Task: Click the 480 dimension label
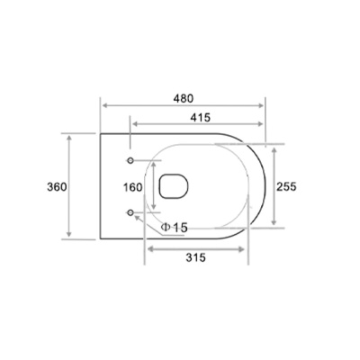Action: pos(184,98)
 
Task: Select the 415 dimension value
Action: pos(201,118)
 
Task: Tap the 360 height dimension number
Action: pos(57,187)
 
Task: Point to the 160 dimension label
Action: pos(132,187)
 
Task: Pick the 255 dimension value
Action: pos(286,186)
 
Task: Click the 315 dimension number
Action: pos(195,257)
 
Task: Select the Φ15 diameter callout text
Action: pos(174,228)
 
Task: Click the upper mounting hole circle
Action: pos(130,160)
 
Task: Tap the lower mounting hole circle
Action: pos(130,212)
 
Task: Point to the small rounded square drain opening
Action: pos(174,186)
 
